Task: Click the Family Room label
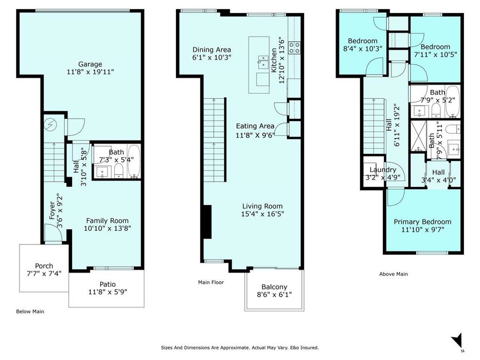(x=107, y=221)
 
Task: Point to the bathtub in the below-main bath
(x=134, y=162)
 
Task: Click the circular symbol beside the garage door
(x=51, y=125)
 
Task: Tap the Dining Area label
(x=211, y=50)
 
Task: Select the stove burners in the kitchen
(x=295, y=48)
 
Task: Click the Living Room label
(x=262, y=206)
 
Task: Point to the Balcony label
(x=274, y=287)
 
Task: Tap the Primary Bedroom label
(x=422, y=222)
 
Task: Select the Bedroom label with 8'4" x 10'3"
(x=362, y=41)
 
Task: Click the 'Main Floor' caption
(x=211, y=282)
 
